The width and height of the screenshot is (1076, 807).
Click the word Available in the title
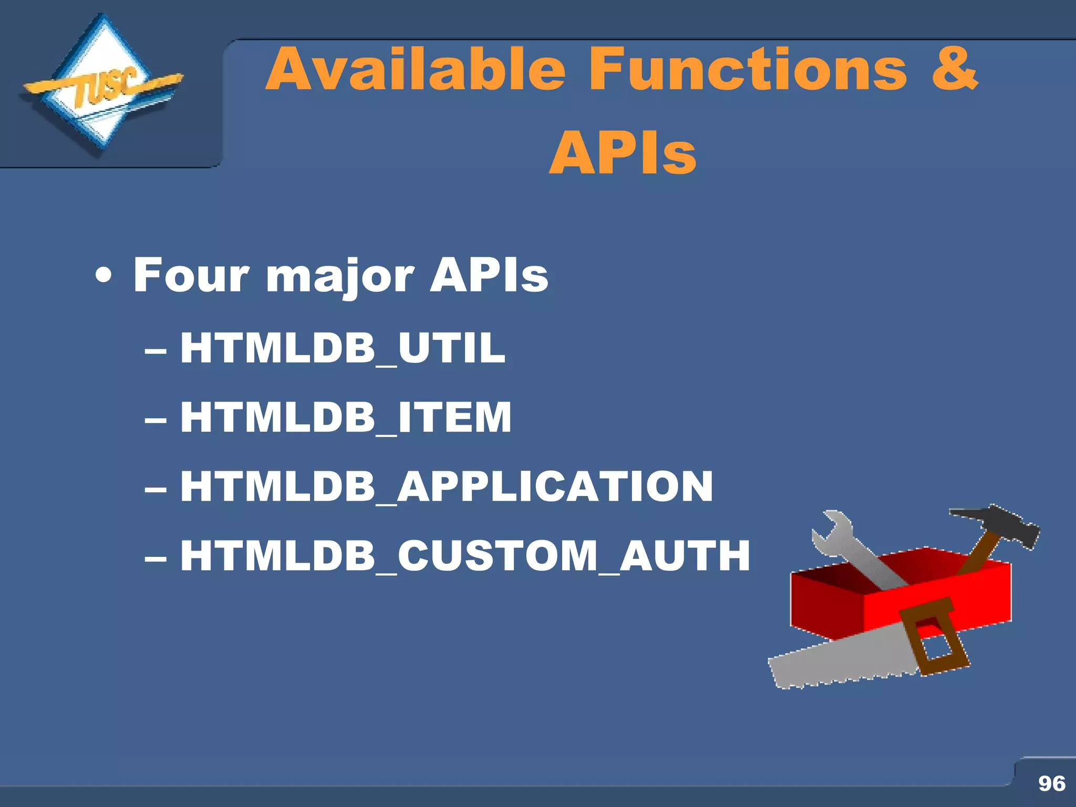[415, 69]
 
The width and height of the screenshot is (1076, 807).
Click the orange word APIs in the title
[623, 153]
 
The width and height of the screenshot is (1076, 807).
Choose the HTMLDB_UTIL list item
[343, 348]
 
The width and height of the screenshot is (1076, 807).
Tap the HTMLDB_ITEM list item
[345, 417]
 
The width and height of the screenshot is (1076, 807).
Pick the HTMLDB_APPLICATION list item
[447, 487]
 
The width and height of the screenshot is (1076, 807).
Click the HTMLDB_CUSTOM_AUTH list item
[465, 556]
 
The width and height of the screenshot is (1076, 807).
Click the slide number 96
[1051, 783]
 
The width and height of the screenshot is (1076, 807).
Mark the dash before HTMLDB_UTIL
[156, 349]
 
